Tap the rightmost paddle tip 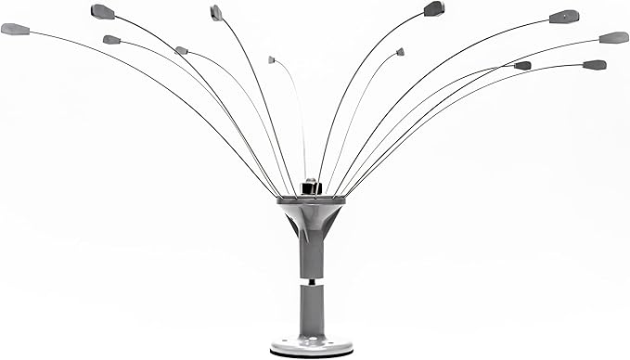(x=613, y=38)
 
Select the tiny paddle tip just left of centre (x=272, y=60)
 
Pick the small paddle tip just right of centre (x=400, y=52)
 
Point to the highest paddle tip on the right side (x=433, y=9)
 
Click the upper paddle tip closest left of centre (x=216, y=12)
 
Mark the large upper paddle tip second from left (x=102, y=11)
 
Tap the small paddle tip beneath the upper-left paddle (x=111, y=40)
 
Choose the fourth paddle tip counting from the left (x=181, y=50)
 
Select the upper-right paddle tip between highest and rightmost (x=564, y=17)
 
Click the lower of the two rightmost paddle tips (x=594, y=65)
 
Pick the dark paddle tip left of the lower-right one (x=522, y=66)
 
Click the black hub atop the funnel (x=312, y=188)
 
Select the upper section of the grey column (x=312, y=255)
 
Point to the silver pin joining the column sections (x=312, y=279)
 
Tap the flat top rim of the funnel (x=312, y=199)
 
